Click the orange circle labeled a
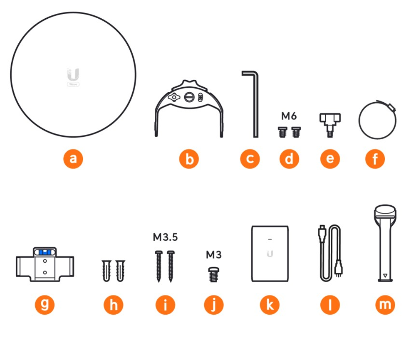[73, 159]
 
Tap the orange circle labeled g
[45, 304]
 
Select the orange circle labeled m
[385, 304]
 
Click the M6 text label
[289, 116]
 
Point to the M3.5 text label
[165, 237]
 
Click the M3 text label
[214, 254]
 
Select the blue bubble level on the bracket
[45, 252]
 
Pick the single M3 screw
[213, 274]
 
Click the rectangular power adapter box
[270, 254]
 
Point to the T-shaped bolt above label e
[330, 125]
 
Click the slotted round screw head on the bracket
[189, 97]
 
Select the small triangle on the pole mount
[385, 276]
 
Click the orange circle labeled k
[270, 304]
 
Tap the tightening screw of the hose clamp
[391, 107]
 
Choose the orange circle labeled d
[289, 159]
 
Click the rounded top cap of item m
[385, 211]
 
